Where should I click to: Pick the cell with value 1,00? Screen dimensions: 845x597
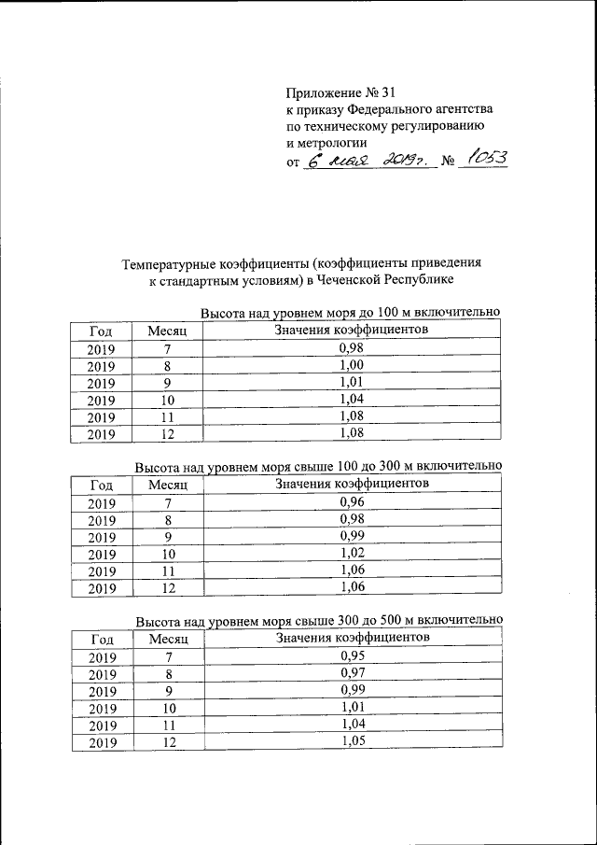351,365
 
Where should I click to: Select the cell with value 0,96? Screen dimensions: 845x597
351,502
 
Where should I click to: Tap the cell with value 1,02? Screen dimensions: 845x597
351,554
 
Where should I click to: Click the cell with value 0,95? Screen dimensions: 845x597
351,656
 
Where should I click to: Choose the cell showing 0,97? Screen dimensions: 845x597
351,673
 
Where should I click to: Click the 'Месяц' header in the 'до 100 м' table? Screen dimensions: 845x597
168,331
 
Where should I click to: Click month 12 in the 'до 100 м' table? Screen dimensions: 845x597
168,434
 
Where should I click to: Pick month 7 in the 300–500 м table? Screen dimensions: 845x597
168,657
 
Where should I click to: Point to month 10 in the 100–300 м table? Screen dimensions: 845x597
168,555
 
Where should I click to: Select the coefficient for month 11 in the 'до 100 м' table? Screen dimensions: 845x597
351,416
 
